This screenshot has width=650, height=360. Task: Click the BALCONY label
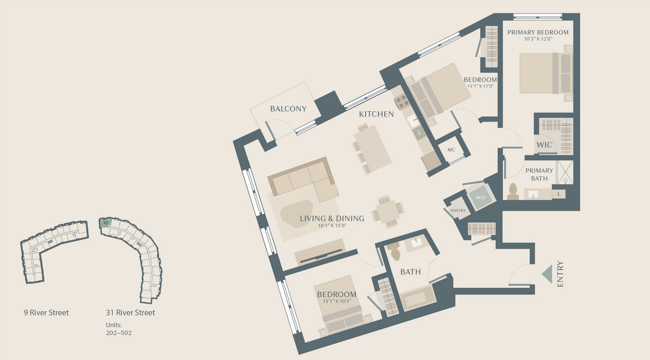coord(288,109)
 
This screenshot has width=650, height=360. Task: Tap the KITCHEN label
coord(376,114)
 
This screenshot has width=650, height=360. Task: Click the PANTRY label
coord(458,211)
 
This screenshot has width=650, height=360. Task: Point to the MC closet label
coord(451,149)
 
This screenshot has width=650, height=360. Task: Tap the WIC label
coord(545,145)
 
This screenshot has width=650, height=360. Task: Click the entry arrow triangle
coord(547,274)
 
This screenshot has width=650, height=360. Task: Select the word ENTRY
coord(560,274)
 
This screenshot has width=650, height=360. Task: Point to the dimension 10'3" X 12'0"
coord(538,39)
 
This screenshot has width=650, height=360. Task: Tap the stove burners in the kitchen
coord(402,101)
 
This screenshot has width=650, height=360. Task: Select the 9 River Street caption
coord(46,313)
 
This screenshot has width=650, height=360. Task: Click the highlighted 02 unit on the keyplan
coord(106,223)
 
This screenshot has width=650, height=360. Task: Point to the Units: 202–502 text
coord(118,329)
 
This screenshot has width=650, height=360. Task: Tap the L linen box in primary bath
coord(559,194)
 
